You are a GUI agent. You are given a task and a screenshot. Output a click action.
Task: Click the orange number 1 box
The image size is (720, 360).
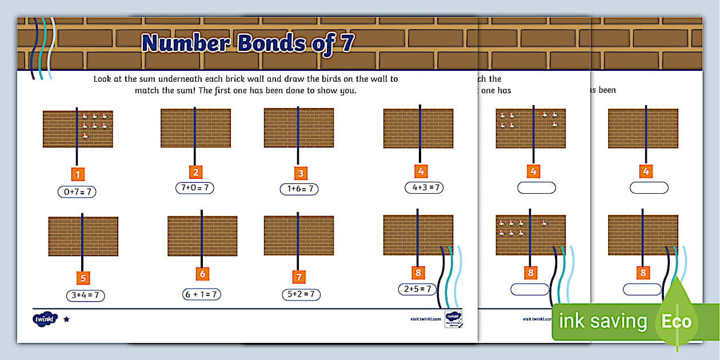[77, 174]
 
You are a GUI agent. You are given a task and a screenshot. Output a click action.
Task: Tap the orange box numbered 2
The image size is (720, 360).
[195, 172]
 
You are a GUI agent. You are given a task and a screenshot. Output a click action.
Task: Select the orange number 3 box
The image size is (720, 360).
[299, 173]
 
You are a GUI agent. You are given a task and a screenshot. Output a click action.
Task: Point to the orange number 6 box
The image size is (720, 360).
[202, 274]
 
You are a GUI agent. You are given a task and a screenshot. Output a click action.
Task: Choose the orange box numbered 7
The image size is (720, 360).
[298, 277]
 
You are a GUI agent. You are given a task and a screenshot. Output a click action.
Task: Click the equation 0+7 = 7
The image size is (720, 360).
[77, 192]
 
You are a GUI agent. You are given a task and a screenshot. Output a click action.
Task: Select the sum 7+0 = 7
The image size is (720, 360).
[195, 187]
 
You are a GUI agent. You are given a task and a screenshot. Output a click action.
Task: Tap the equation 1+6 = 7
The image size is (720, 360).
[299, 189]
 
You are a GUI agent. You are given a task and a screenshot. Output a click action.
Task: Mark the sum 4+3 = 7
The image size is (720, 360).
[423, 187]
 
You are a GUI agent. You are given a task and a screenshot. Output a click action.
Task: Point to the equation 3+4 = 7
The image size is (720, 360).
[86, 295]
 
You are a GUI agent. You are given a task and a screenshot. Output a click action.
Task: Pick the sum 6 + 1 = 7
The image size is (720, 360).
[202, 294]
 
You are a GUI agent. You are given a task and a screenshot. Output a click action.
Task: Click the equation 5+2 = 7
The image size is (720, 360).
[301, 294]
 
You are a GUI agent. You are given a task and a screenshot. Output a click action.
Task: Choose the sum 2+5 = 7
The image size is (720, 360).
[418, 289]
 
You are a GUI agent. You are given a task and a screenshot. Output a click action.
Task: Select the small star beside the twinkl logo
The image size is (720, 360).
[66, 319]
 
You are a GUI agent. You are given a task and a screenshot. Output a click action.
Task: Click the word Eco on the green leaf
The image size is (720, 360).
[677, 321]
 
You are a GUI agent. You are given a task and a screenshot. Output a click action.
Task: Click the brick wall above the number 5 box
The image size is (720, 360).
[83, 236]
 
